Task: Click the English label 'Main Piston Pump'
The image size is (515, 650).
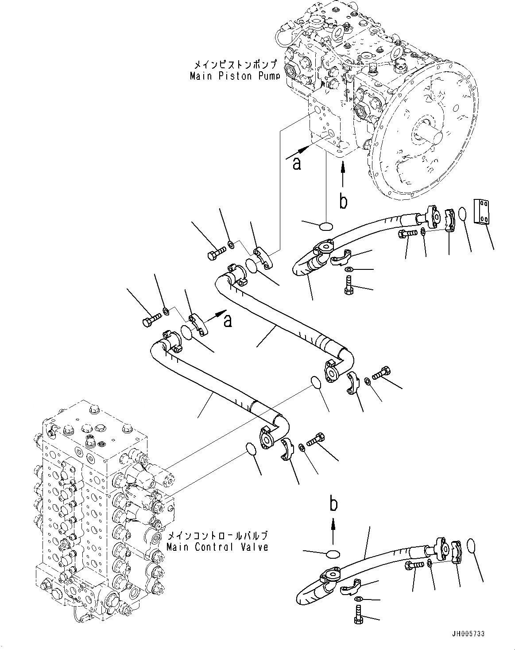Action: click(235, 76)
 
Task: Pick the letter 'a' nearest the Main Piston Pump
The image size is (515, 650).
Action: click(296, 164)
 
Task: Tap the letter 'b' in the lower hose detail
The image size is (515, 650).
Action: click(333, 504)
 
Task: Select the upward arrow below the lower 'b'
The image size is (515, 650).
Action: click(333, 530)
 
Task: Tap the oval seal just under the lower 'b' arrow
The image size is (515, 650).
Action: click(333, 554)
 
